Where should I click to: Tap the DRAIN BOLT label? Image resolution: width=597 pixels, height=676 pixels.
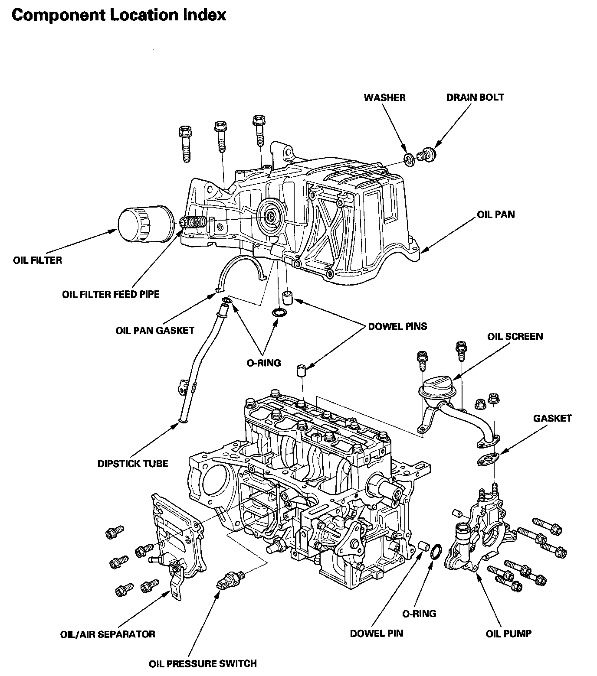pyautogui.click(x=475, y=97)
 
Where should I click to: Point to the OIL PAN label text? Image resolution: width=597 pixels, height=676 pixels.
pyautogui.click(x=496, y=214)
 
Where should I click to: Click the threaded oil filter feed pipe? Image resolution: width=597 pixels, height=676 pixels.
pyautogui.click(x=193, y=223)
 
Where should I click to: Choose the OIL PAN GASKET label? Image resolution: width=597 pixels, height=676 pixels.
pyautogui.click(x=155, y=331)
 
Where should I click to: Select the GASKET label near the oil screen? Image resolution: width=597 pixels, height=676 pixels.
pyautogui.click(x=552, y=419)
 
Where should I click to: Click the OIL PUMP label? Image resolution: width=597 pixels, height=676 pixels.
pyautogui.click(x=508, y=634)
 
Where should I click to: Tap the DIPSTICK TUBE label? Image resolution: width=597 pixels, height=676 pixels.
pyautogui.click(x=133, y=464)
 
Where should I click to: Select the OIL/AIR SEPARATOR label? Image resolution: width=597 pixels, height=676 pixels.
pyautogui.click(x=108, y=634)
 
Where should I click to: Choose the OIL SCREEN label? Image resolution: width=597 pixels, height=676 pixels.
pyautogui.click(x=515, y=337)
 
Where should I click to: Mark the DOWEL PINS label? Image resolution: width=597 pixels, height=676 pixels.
pyautogui.click(x=397, y=326)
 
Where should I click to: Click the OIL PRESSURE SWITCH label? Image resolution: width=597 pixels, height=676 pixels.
pyautogui.click(x=203, y=663)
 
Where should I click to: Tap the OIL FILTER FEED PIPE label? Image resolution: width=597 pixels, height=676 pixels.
pyautogui.click(x=111, y=295)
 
